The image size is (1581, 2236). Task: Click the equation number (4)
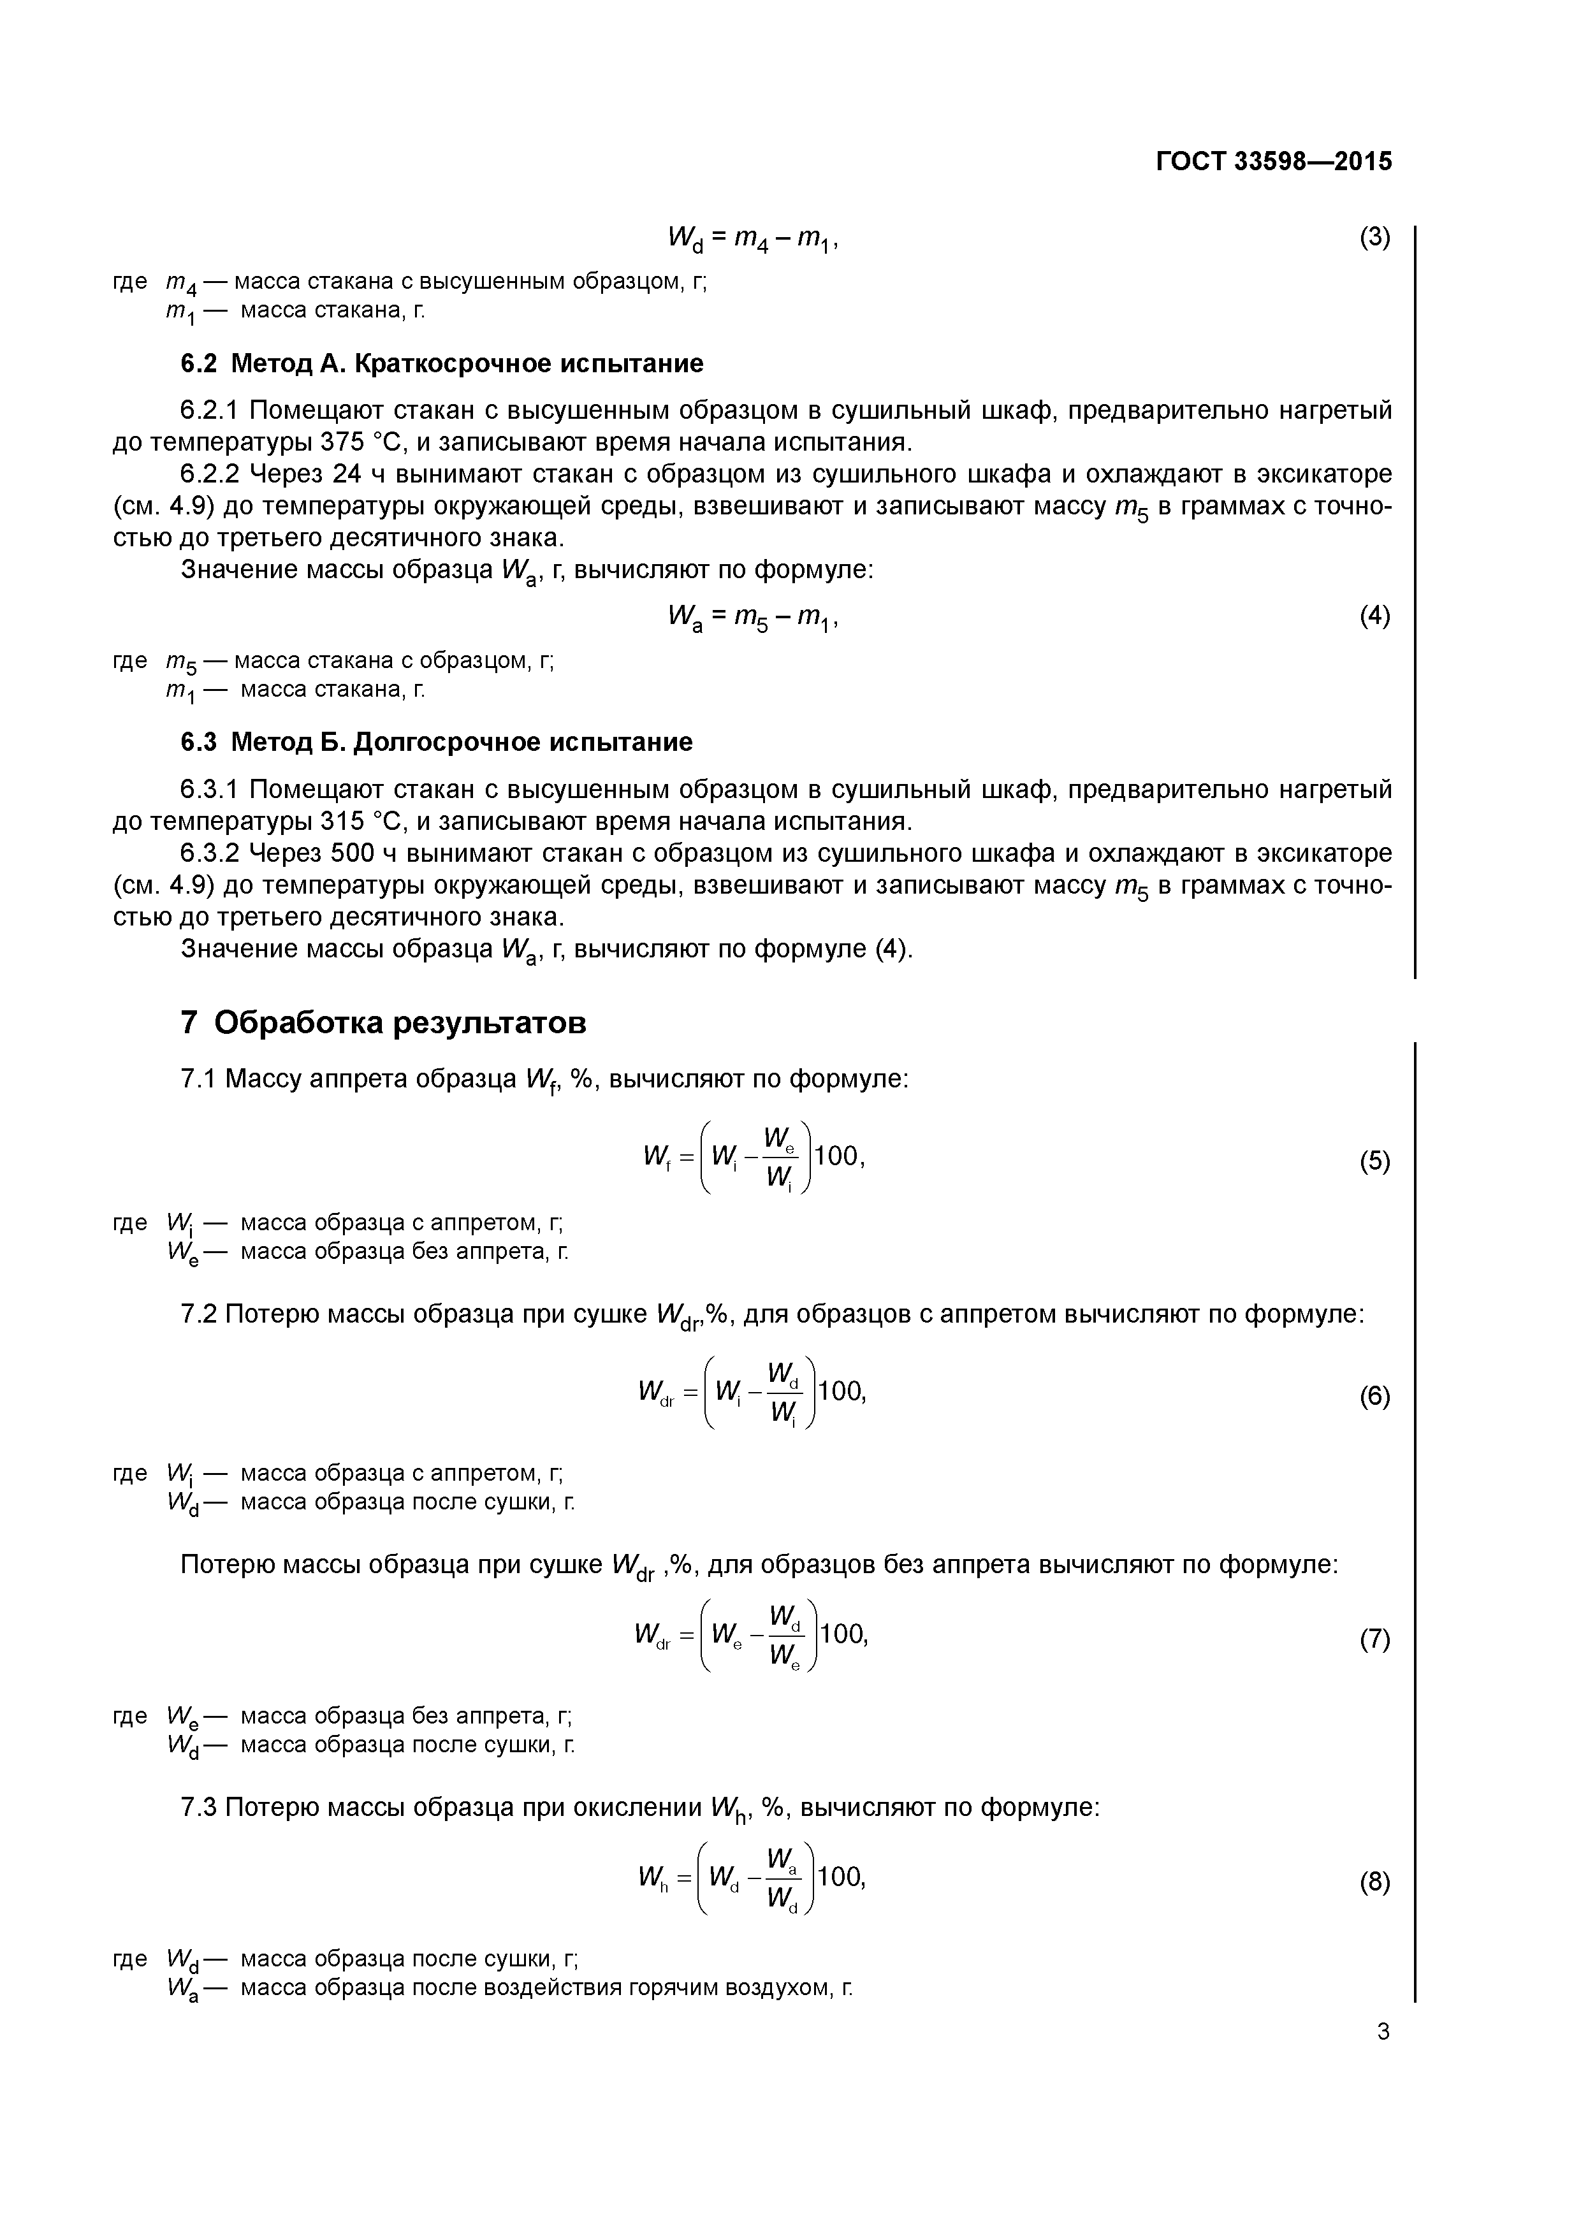(1374, 616)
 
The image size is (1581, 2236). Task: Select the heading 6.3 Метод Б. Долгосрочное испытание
(437, 742)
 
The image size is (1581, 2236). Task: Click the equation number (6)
(1374, 1397)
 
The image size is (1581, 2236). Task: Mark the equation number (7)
(1374, 1640)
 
